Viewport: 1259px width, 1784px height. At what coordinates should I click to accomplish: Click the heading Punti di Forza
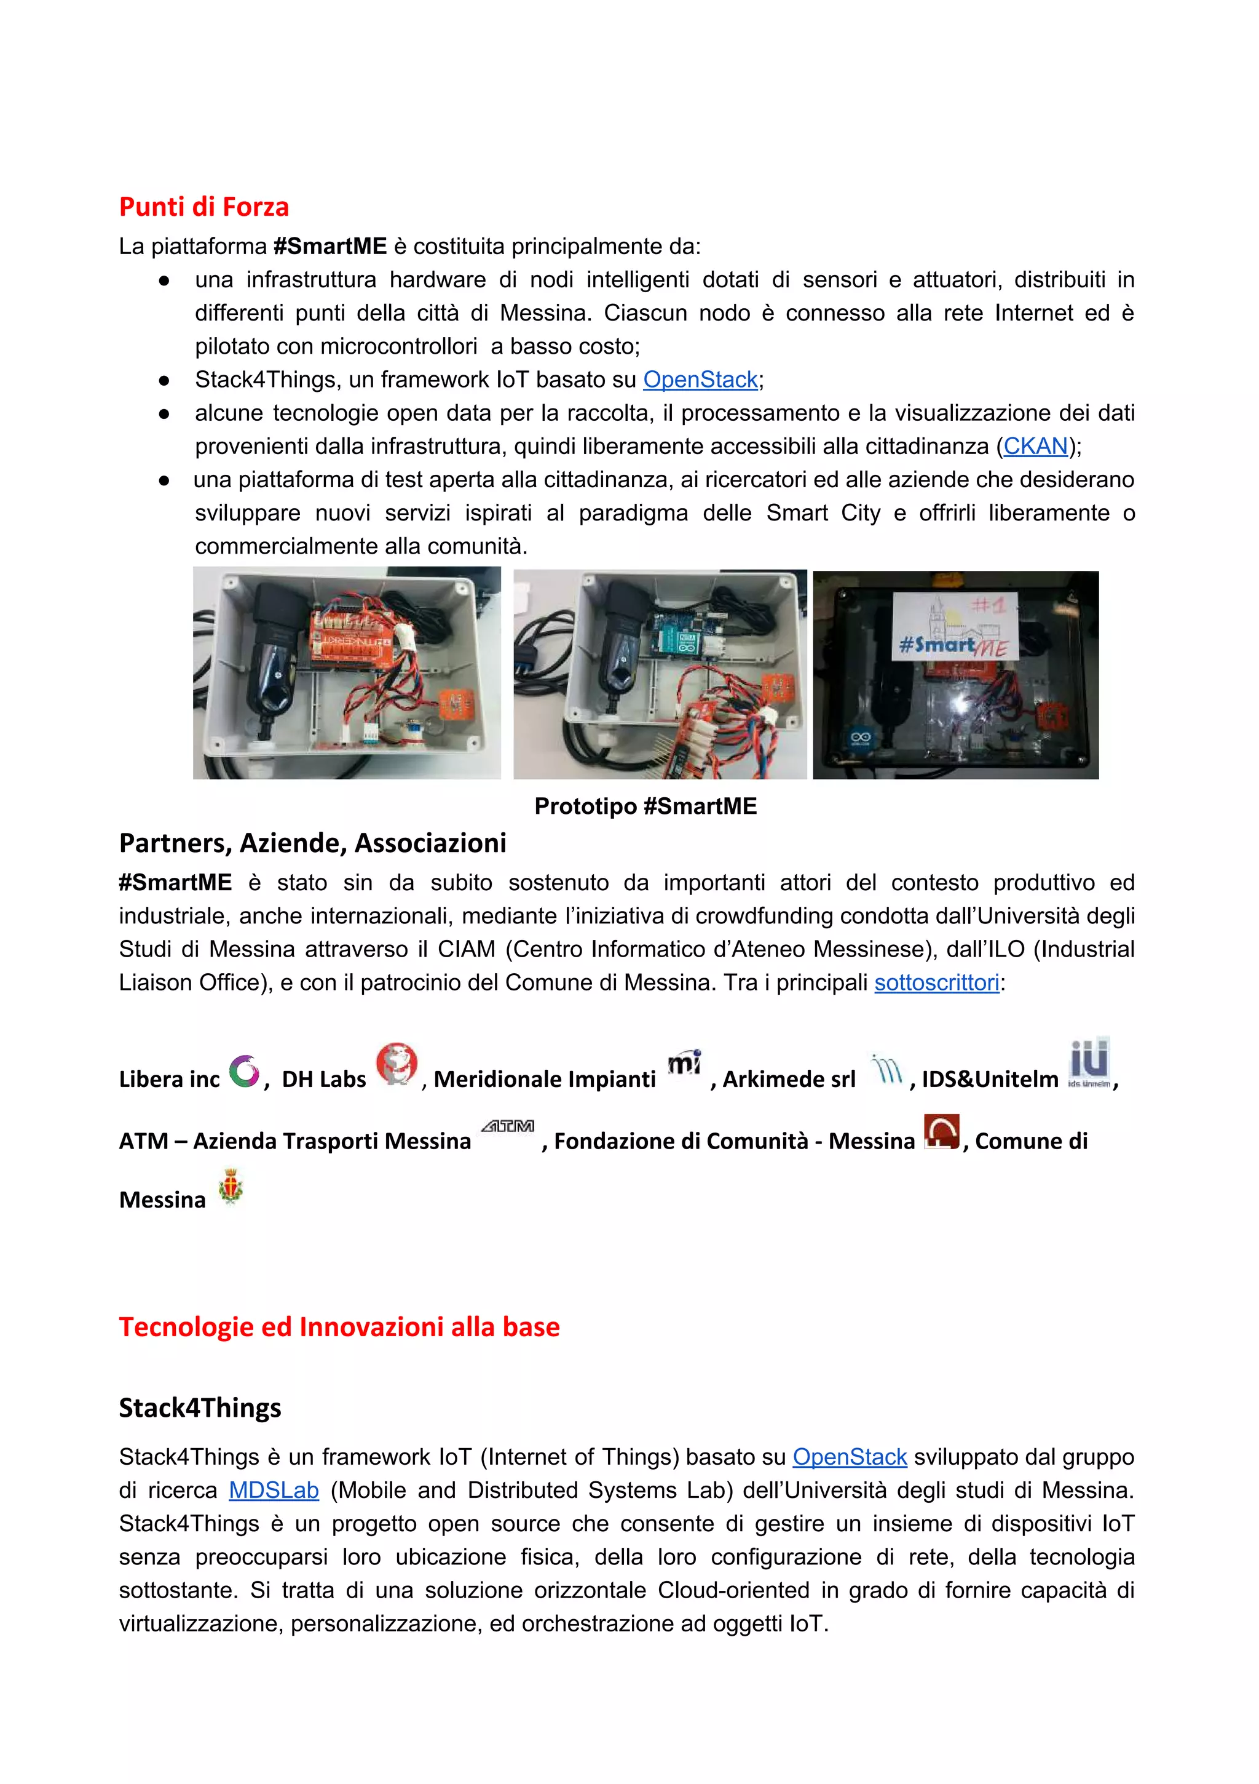tap(203, 207)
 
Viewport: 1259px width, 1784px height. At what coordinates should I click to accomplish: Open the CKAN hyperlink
tap(1035, 446)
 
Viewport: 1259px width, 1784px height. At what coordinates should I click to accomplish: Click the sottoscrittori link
tap(936, 983)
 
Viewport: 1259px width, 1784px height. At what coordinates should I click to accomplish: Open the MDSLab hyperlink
tap(274, 1491)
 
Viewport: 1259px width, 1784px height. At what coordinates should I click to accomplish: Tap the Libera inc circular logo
tap(244, 1072)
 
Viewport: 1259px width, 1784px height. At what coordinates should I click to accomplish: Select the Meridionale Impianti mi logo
tap(684, 1062)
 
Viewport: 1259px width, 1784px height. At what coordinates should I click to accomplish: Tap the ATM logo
tap(507, 1126)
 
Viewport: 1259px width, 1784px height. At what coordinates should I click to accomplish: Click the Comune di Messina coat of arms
tap(231, 1188)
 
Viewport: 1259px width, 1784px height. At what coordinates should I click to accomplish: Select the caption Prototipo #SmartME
tap(645, 806)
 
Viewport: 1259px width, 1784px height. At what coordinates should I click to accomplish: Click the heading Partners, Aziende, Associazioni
tap(312, 843)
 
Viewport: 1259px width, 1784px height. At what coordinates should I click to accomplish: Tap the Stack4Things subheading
tap(200, 1408)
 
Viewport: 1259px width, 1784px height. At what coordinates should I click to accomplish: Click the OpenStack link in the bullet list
tap(700, 380)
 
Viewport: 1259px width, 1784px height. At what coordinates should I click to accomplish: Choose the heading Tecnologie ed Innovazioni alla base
tap(339, 1327)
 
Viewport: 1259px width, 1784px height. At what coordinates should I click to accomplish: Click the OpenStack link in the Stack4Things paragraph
tap(849, 1457)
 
